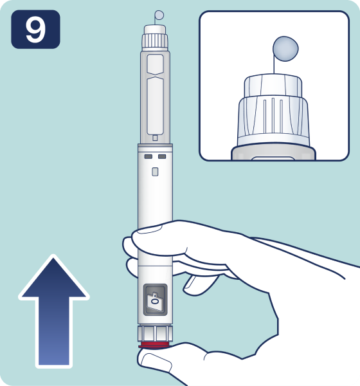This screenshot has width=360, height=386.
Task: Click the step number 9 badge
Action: (x=35, y=30)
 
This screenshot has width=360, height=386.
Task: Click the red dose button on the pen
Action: (x=154, y=345)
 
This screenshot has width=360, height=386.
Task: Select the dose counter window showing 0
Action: (x=156, y=300)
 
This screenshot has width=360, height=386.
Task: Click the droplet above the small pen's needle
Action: (x=159, y=15)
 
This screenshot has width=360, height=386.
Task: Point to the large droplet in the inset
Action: (x=285, y=49)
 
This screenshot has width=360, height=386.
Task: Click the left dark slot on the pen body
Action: (x=148, y=156)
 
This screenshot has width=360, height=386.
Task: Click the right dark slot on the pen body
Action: (x=162, y=156)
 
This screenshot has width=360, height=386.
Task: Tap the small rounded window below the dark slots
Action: (x=155, y=172)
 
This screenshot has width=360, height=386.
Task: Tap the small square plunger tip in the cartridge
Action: (x=155, y=138)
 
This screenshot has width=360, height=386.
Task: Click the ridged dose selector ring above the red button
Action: (x=155, y=334)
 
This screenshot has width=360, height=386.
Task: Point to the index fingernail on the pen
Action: (x=149, y=230)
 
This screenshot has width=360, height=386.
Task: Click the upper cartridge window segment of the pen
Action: (x=155, y=64)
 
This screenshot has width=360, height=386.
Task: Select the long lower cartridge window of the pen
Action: (x=155, y=106)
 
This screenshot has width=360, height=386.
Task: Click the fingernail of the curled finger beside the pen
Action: (x=190, y=282)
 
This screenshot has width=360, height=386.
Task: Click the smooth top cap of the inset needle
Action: (x=273, y=86)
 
